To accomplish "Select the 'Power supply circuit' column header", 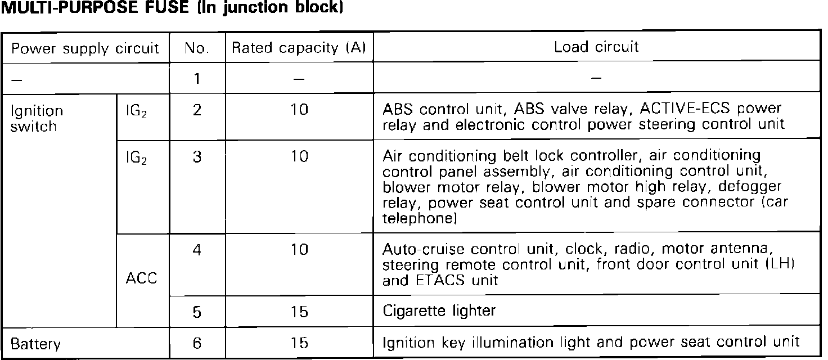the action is click(85, 48).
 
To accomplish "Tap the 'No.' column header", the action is click(197, 48).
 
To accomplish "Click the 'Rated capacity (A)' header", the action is click(299, 48).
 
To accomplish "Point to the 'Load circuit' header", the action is click(596, 47).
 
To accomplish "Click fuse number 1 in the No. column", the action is click(197, 78).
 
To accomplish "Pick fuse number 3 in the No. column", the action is click(197, 156).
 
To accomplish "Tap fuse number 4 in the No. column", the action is click(197, 249).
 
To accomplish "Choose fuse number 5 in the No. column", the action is click(197, 311).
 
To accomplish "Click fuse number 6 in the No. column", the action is click(197, 343).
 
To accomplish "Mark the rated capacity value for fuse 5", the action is click(300, 311).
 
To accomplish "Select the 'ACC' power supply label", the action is click(142, 278).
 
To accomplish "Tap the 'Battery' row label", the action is click(35, 343).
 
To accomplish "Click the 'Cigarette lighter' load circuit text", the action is click(439, 310).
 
